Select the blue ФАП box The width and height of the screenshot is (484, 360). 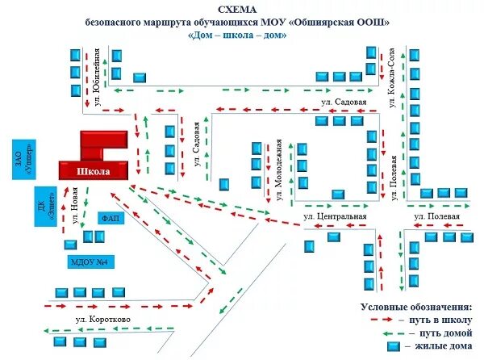(x=111, y=218)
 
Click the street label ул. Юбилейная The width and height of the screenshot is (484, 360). (x=98, y=79)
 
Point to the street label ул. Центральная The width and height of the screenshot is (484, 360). (x=335, y=217)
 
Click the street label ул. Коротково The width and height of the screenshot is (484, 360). (x=102, y=319)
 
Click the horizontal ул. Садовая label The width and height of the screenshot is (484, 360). (x=343, y=103)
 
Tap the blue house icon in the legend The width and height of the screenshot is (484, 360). (x=394, y=346)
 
